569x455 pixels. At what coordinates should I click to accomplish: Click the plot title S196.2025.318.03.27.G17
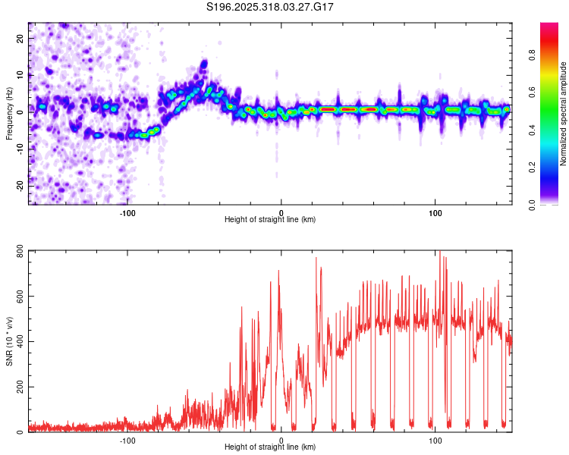click(271, 7)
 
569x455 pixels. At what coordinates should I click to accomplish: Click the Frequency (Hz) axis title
click(9, 114)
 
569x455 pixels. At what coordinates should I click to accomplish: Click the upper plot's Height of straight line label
click(270, 219)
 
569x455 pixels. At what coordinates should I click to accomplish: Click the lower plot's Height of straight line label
click(270, 447)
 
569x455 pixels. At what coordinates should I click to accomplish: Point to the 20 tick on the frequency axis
click(20, 39)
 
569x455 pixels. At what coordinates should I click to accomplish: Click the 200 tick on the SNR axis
click(17, 388)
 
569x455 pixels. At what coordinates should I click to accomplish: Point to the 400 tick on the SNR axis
click(17, 342)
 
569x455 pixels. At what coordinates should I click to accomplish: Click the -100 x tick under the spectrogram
click(127, 212)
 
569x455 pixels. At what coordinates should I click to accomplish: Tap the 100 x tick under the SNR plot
click(435, 440)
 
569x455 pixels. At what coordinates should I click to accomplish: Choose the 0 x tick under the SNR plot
click(281, 440)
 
